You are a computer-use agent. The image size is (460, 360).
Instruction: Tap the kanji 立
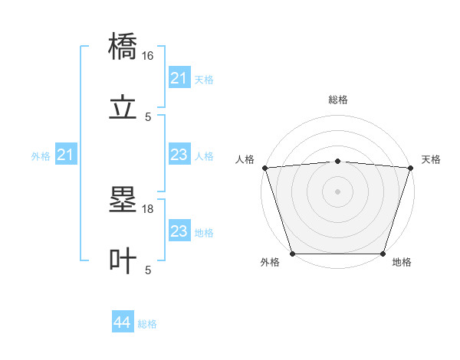pos(123,108)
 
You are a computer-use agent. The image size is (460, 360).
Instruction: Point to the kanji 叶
pos(123,261)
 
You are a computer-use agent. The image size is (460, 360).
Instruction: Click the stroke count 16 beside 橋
pos(148,56)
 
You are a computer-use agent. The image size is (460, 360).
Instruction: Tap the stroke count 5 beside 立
pos(148,116)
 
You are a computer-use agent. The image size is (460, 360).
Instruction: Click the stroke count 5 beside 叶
pos(148,270)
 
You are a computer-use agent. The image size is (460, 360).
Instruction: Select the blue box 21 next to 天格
pos(179,78)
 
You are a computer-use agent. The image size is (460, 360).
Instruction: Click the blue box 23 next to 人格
pos(179,155)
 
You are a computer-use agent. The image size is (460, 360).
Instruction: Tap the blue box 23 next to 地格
pos(179,231)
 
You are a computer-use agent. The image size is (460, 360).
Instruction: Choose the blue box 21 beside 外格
pos(66,155)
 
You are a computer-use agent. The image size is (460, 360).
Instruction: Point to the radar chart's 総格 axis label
pos(337,100)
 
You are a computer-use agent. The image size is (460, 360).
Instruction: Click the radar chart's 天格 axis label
pos(431,159)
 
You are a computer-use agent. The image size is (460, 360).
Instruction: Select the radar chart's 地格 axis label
pos(402,262)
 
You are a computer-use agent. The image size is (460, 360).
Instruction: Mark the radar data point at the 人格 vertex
pos(264,168)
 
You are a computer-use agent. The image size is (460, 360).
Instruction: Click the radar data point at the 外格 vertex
pos(293,254)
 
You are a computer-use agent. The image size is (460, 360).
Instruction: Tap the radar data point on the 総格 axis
pos(337,161)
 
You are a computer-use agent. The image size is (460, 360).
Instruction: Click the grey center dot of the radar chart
pos(337,191)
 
